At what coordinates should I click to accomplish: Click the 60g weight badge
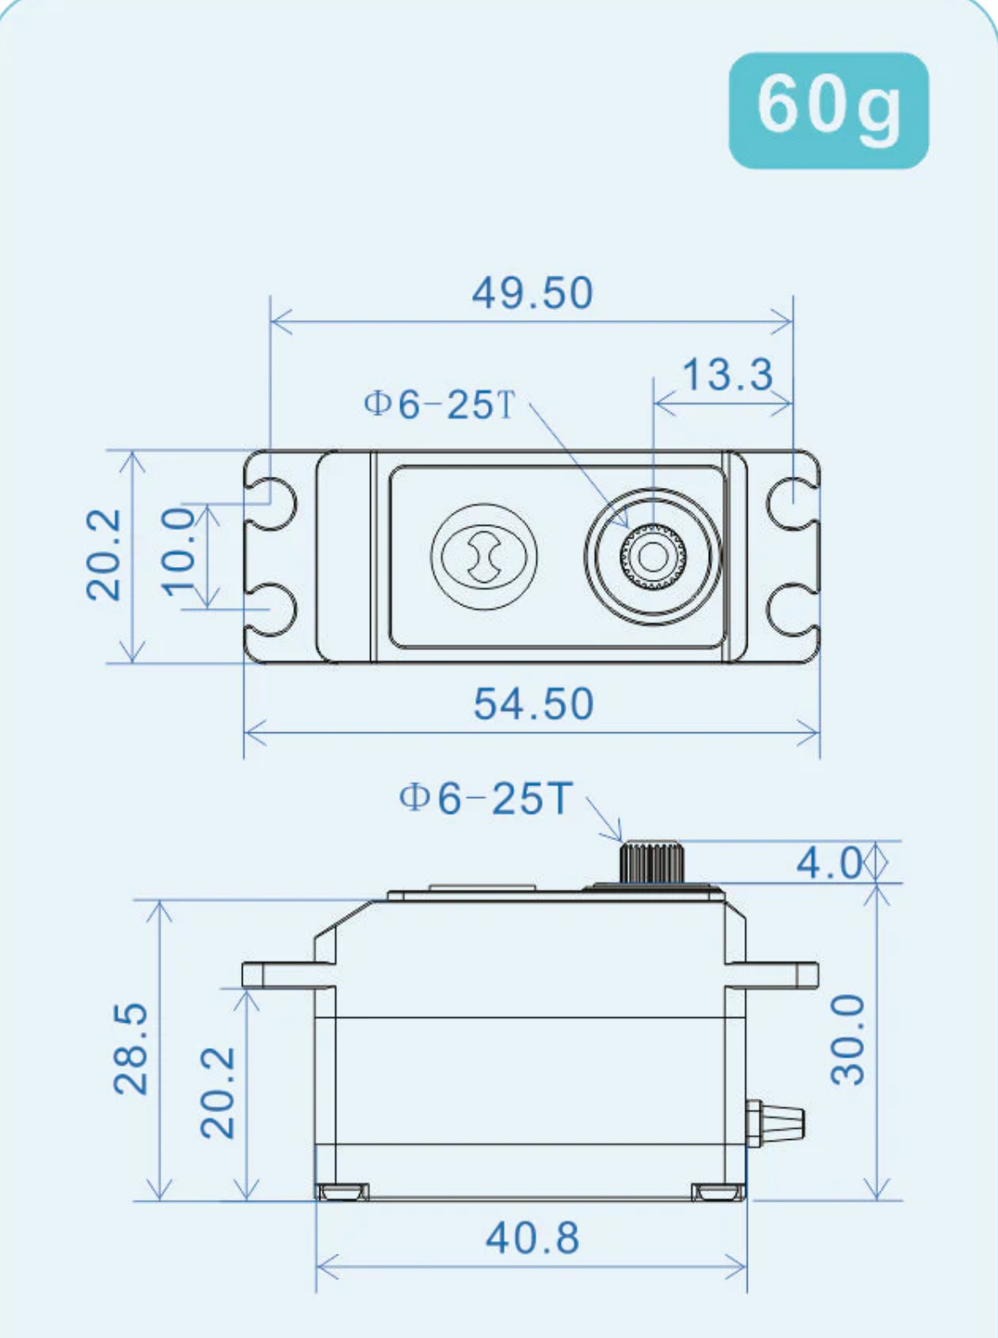828,110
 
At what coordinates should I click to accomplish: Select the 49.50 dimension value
532,293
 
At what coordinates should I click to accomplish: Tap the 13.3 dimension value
727,375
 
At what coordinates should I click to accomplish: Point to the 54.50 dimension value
533,704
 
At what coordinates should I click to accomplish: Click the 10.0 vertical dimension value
178,552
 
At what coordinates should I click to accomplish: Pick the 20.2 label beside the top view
105,555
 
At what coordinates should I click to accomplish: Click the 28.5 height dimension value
131,1048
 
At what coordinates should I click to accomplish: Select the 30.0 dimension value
849,1039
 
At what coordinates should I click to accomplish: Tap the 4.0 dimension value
829,863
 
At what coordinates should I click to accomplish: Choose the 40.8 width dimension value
532,1238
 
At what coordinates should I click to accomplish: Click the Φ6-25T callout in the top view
438,404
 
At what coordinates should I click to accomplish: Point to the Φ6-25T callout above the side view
486,797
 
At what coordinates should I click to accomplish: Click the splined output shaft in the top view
652,556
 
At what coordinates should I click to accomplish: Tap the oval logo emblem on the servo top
484,556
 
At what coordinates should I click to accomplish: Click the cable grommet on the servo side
777,1122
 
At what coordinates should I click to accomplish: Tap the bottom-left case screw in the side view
342,1191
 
